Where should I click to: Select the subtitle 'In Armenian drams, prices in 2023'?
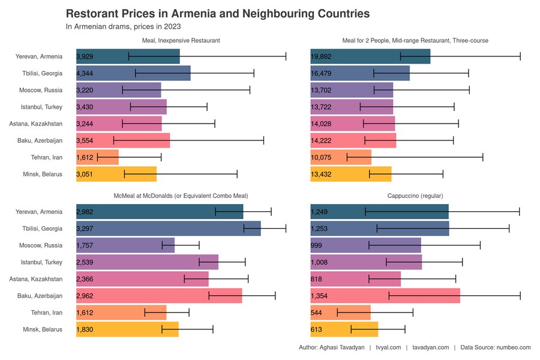click(123, 26)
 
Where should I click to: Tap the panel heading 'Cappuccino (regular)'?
click(415, 196)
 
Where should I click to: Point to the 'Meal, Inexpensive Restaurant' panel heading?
click(181, 40)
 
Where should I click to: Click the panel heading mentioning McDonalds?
click(181, 196)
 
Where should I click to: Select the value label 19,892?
click(321, 56)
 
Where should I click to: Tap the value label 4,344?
click(85, 73)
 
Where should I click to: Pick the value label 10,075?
click(321, 157)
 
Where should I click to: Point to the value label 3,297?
click(85, 229)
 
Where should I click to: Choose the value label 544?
click(316, 313)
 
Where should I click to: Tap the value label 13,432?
click(321, 174)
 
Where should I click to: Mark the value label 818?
click(316, 279)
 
